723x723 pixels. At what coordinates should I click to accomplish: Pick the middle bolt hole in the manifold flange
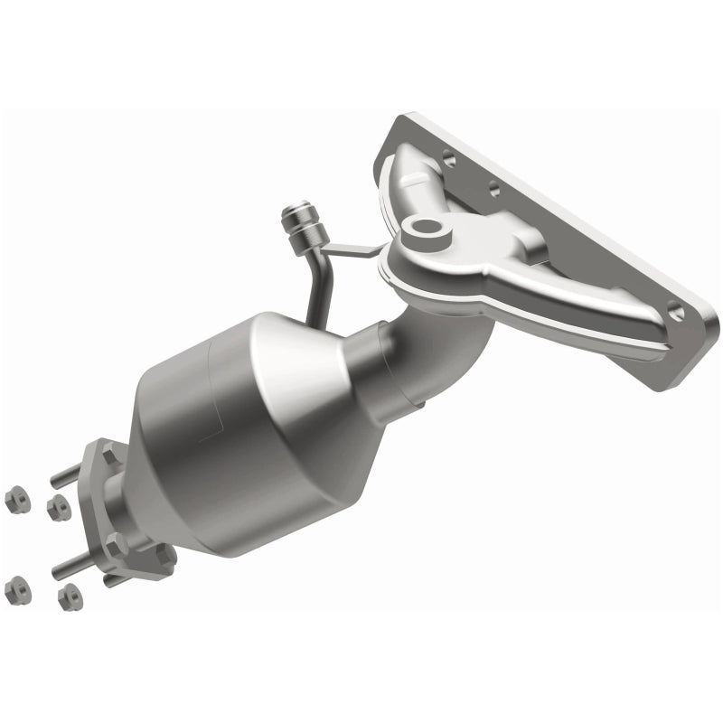pyautogui.click(x=493, y=191)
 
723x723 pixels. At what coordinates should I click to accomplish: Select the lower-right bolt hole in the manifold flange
pyautogui.click(x=676, y=311)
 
